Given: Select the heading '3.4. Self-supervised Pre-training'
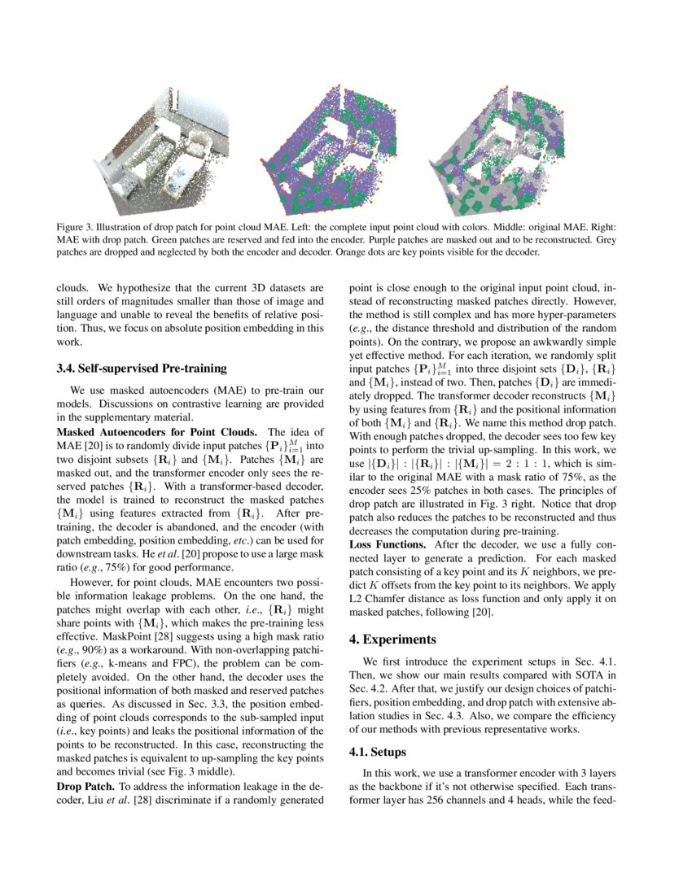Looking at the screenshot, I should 141,369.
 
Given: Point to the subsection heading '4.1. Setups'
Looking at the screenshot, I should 377,752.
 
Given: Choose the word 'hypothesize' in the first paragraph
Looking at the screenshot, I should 134,288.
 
